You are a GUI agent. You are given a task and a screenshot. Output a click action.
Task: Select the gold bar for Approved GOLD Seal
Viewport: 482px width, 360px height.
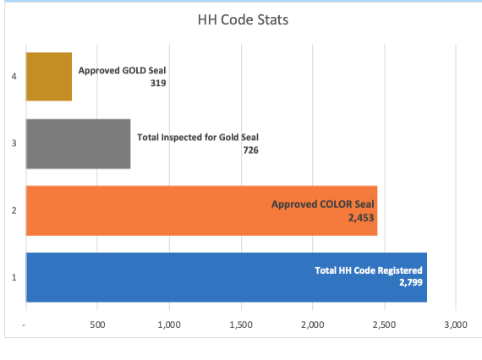pos(48,77)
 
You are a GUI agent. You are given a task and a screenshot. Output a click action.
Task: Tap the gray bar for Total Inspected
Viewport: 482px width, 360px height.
pos(78,144)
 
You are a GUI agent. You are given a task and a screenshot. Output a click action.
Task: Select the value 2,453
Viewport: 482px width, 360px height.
pos(359,216)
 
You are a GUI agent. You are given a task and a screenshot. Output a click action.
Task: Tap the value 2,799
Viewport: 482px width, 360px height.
pos(408,282)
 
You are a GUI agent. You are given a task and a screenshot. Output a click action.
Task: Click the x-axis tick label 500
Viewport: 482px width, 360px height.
pos(97,325)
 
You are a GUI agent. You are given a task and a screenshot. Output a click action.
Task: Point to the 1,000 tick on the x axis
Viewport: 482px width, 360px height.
pos(169,325)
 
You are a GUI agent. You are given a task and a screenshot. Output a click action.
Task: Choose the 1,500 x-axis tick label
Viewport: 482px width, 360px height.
pos(241,325)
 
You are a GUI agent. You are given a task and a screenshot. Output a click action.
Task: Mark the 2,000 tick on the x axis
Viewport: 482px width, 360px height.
pos(312,325)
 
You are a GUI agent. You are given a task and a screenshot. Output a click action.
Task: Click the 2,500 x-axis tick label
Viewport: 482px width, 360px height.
pos(384,325)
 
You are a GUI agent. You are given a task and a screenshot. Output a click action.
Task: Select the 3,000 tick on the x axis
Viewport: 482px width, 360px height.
pos(455,325)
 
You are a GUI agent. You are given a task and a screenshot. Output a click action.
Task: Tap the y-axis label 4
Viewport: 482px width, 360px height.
pos(14,77)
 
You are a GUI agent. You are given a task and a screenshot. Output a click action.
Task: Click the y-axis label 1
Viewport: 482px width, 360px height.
pos(14,277)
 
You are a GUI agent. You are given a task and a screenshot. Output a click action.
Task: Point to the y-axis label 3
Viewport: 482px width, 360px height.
pos(14,144)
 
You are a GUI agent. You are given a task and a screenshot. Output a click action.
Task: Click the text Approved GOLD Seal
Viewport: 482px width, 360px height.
pos(128,72)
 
